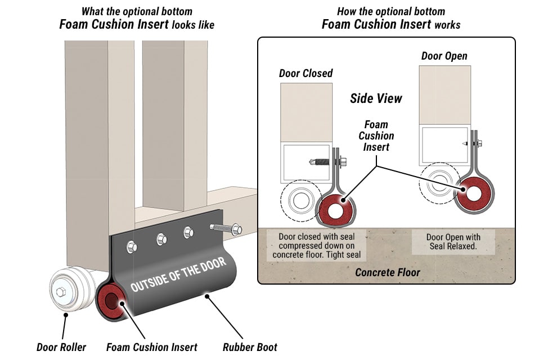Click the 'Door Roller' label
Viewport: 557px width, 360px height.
pyautogui.click(x=61, y=347)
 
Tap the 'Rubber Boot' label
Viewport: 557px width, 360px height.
pyautogui.click(x=250, y=347)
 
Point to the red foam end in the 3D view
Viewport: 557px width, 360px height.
pyautogui.click(x=111, y=301)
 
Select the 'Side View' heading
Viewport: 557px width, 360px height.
pyautogui.click(x=376, y=98)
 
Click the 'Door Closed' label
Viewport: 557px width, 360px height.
pyautogui.click(x=306, y=74)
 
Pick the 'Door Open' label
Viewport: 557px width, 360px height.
pyautogui.click(x=444, y=56)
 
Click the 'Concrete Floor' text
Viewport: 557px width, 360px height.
pyautogui.click(x=387, y=273)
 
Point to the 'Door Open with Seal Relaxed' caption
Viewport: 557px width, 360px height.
pyautogui.click(x=453, y=241)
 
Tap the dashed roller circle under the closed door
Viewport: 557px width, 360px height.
pyautogui.click(x=297, y=200)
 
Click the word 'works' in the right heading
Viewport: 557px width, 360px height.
pyautogui.click(x=447, y=25)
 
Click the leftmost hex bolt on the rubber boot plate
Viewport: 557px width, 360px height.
pyautogui.click(x=132, y=246)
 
